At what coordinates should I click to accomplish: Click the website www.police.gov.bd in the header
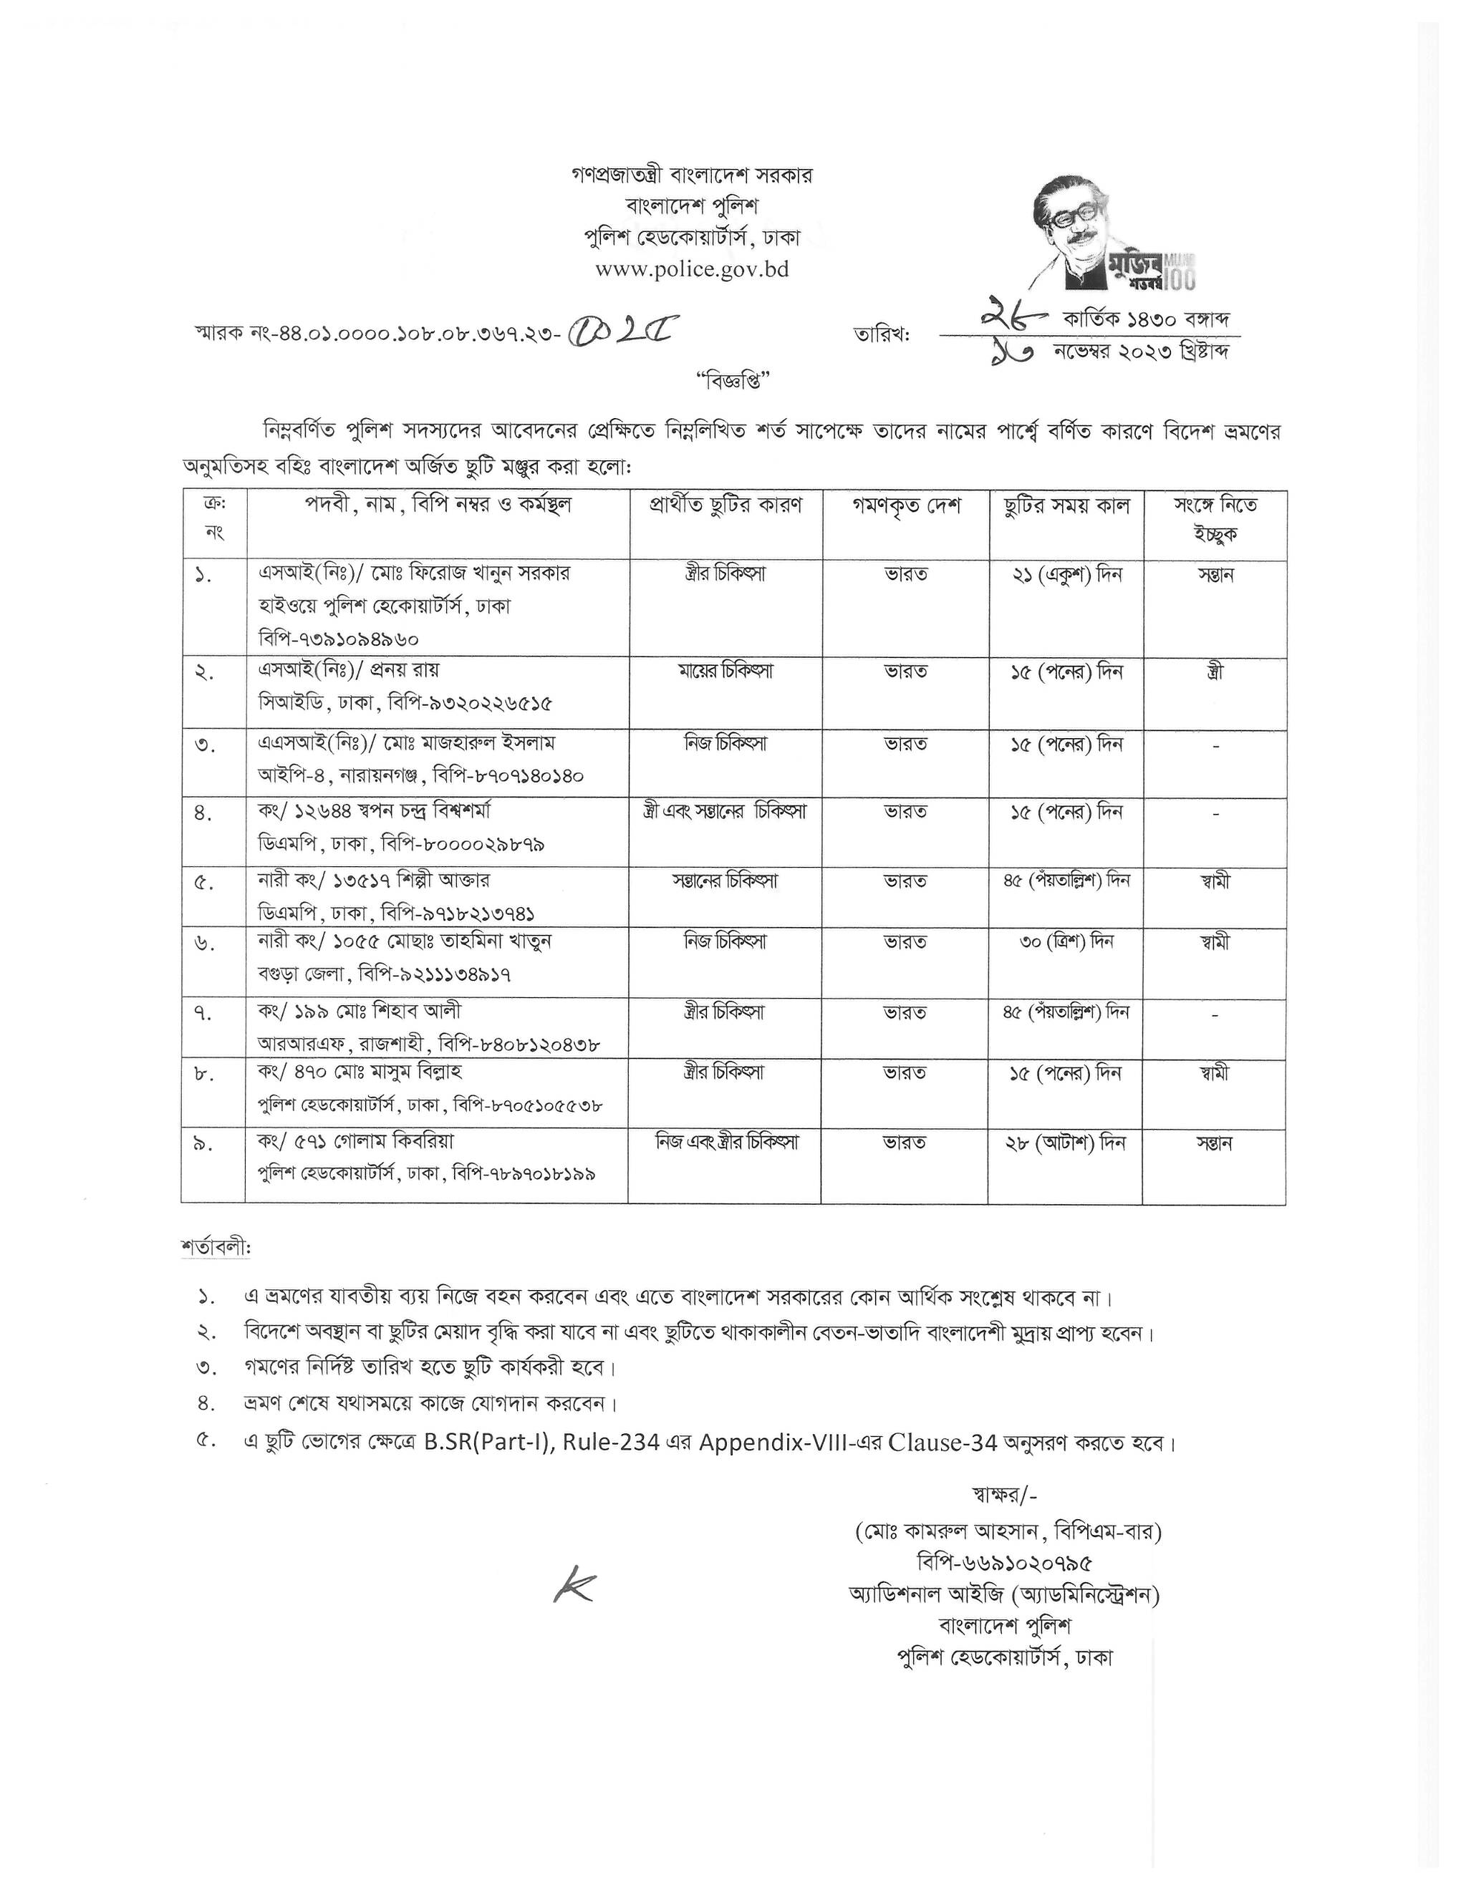tap(692, 269)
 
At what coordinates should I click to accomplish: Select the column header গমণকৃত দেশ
tap(906, 505)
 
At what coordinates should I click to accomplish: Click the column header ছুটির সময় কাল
tap(1066, 505)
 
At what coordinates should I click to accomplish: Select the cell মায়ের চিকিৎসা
tap(725, 672)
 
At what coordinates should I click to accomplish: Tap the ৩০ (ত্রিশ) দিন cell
tap(1066, 941)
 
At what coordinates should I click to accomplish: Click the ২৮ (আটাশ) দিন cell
tap(1066, 1143)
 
